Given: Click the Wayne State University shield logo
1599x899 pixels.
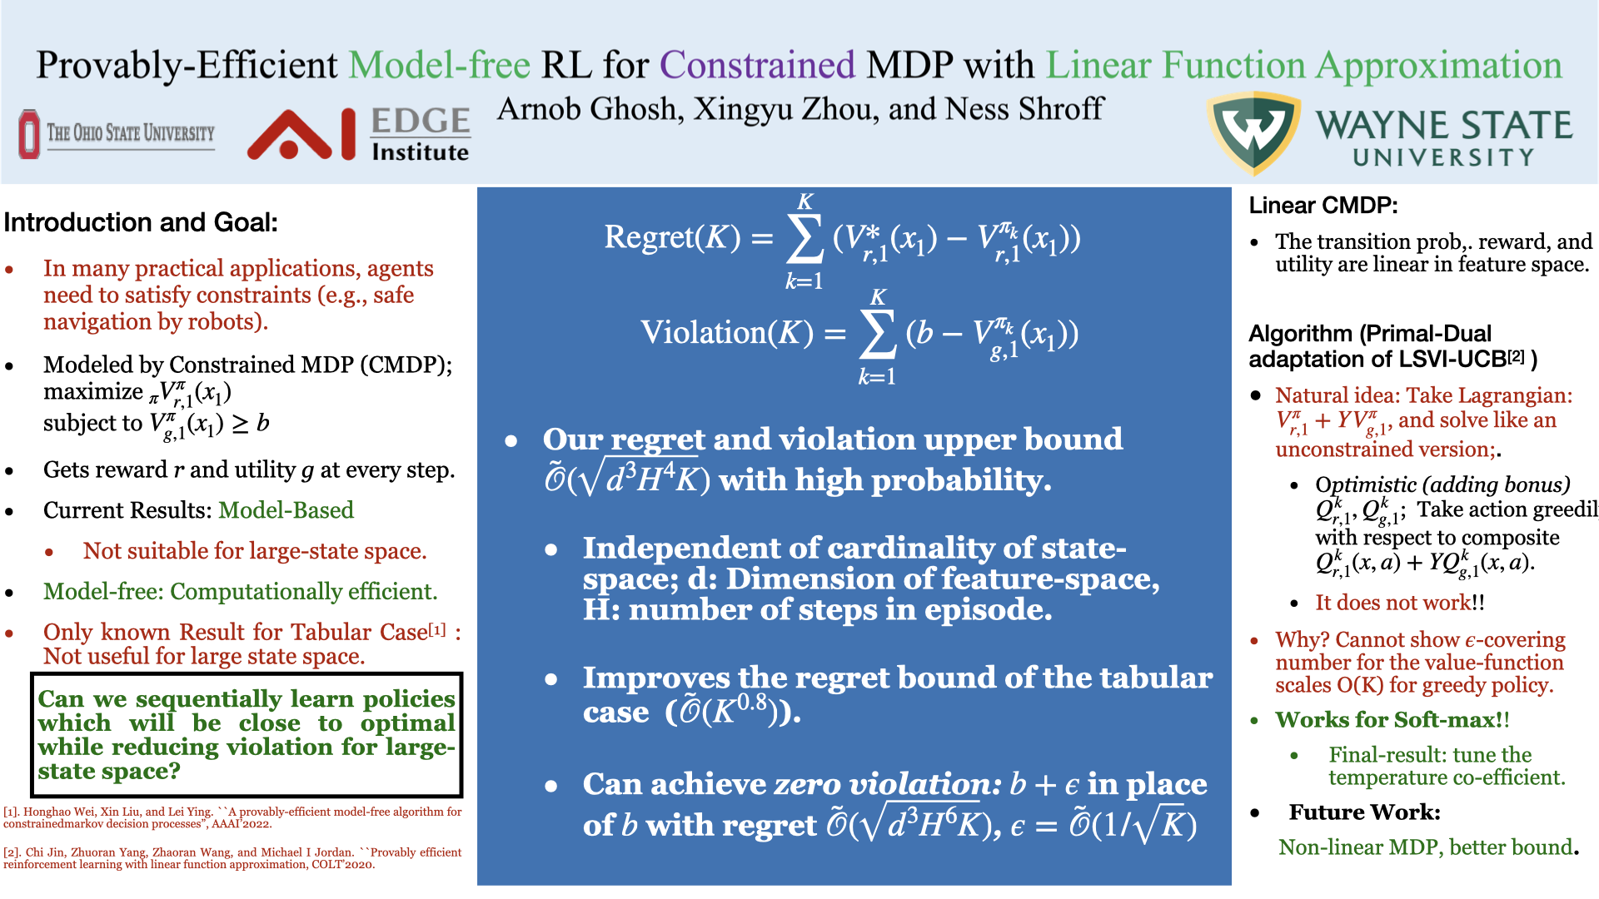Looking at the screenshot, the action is [x=1254, y=132].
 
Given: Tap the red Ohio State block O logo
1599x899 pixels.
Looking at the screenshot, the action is [x=29, y=134].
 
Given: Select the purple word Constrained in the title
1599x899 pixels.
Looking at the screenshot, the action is [x=757, y=65].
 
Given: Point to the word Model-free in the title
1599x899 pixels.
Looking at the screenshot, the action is [x=439, y=65].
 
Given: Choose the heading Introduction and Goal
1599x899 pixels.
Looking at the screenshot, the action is [x=141, y=222].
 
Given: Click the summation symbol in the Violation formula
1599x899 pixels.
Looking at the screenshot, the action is [x=878, y=334].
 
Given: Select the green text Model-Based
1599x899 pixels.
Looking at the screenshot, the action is [x=286, y=509].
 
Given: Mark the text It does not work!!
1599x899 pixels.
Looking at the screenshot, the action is [x=1400, y=603].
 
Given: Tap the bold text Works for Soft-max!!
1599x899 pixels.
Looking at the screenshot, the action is [x=1392, y=719].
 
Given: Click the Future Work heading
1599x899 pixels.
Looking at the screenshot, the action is [x=1365, y=812].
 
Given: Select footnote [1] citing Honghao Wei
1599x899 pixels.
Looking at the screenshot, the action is [x=232, y=817].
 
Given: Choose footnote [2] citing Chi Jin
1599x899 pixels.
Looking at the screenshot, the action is [x=232, y=858].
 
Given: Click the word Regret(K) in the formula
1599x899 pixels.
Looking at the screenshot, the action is [x=672, y=238].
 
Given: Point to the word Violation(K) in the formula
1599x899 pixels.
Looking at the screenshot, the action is [x=726, y=333].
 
